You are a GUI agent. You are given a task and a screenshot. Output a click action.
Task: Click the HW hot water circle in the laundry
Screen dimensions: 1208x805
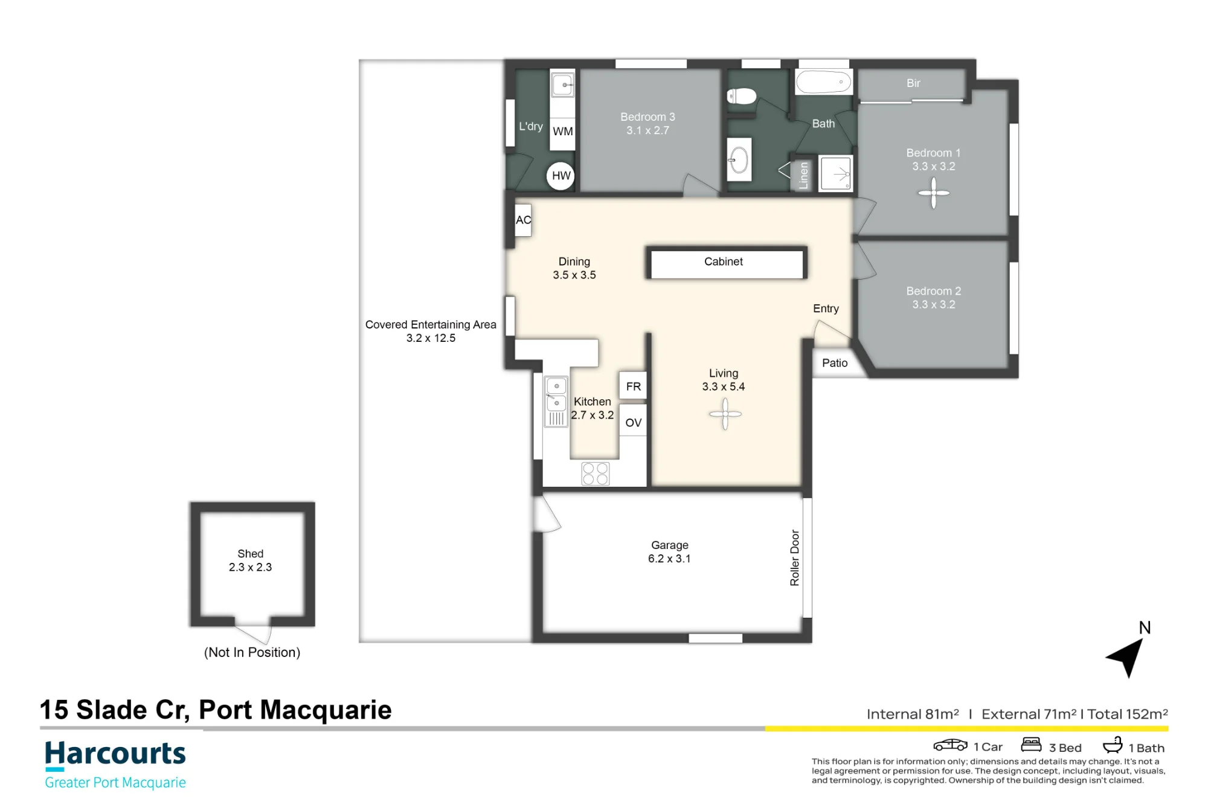pos(561,176)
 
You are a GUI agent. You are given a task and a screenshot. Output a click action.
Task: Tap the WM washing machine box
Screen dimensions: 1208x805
pos(562,132)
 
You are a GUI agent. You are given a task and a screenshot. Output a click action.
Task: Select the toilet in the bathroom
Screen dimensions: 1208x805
pos(742,96)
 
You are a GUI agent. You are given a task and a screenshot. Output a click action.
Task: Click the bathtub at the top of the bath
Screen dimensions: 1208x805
pos(824,82)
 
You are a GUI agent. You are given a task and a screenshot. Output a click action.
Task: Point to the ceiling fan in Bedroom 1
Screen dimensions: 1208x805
pos(934,193)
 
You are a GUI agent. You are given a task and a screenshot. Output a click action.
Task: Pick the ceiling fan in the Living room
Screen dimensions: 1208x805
pos(725,414)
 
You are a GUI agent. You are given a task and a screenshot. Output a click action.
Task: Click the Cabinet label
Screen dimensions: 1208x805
pos(724,261)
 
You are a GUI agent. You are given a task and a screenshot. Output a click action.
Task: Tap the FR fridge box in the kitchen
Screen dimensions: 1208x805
pos(633,386)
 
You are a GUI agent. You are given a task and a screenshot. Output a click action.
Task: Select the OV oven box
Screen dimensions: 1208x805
pos(633,422)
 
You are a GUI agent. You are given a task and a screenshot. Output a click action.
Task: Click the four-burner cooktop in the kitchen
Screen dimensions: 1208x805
pos(596,473)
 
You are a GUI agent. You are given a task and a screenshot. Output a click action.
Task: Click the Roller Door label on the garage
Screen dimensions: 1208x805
pos(795,558)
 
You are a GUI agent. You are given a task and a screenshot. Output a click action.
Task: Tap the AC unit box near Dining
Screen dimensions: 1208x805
pos(523,220)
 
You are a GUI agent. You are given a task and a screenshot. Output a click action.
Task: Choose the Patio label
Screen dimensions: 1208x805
pos(835,363)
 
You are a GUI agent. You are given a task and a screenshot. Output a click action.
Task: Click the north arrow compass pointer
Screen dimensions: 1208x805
pos(1127,657)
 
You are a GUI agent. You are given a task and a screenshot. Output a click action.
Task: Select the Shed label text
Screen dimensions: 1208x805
pos(251,554)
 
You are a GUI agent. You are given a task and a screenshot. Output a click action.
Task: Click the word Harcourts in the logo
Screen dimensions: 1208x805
pos(115,754)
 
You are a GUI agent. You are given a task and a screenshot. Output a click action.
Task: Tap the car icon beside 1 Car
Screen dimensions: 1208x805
pos(950,745)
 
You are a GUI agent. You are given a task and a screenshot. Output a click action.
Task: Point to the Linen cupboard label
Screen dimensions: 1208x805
pos(803,175)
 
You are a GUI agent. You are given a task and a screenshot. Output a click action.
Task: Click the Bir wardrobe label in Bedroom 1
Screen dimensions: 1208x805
pos(913,83)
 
